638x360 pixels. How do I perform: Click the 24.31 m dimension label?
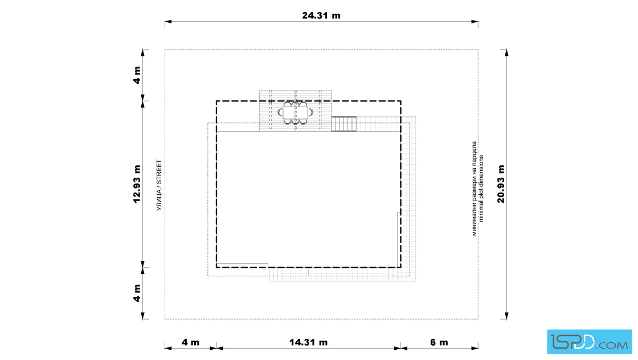coord(321,15)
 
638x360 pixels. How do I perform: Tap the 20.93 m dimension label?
coord(501,184)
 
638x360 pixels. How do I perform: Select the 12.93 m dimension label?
coord(137,184)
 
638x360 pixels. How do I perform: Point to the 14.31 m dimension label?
coord(308,342)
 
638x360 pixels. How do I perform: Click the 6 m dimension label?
coord(439,342)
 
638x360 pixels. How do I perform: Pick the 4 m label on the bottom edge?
coord(190,342)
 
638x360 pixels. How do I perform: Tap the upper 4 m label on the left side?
coord(137,75)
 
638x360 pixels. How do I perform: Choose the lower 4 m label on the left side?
coord(137,293)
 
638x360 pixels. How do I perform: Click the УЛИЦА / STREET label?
coord(159,185)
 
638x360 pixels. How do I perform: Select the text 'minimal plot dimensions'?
coord(481,189)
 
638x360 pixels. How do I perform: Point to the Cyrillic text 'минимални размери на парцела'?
coord(474,189)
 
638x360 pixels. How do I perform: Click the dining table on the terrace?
coord(296,113)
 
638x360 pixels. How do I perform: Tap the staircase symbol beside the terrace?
coord(344,124)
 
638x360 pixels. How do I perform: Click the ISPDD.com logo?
coord(589,342)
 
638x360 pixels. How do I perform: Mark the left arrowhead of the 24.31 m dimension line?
coord(168,22)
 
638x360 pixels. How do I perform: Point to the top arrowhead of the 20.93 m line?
coord(506,52)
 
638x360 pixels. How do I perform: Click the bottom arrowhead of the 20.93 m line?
coord(506,316)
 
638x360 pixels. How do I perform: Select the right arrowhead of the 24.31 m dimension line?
coord(475,22)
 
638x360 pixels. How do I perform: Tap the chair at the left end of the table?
coord(281,112)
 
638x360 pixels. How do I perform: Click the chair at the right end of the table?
coord(310,112)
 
